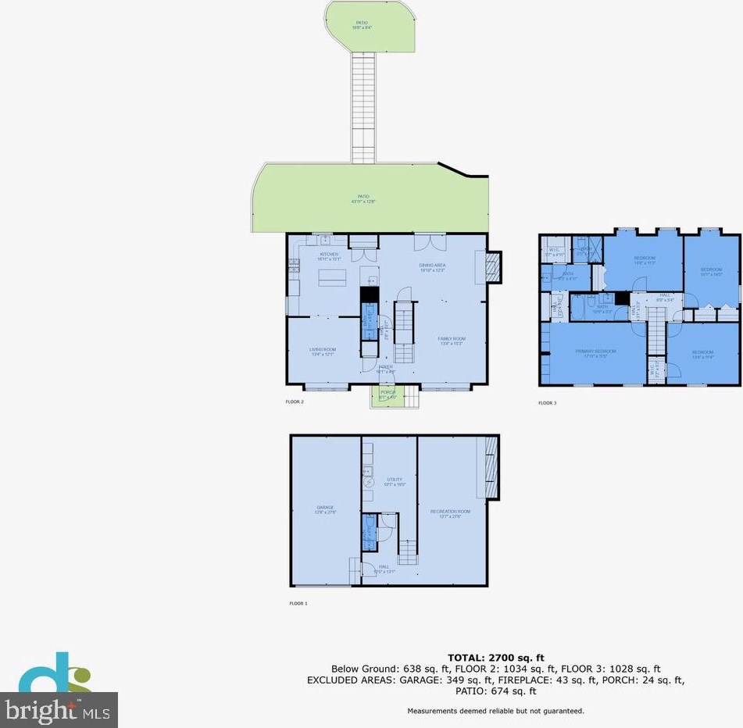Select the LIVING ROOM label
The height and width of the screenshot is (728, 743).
tap(322, 352)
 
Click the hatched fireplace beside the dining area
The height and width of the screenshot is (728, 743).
tap(492, 267)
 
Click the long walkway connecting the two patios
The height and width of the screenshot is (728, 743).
tap(363, 105)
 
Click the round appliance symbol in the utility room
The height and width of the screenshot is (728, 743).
tap(366, 482)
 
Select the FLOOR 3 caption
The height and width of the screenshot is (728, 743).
tap(547, 403)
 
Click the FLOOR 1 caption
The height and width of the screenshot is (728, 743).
tap(298, 604)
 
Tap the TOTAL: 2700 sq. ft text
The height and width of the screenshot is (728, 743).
tap(495, 658)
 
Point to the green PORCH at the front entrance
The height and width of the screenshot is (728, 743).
tap(387, 395)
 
